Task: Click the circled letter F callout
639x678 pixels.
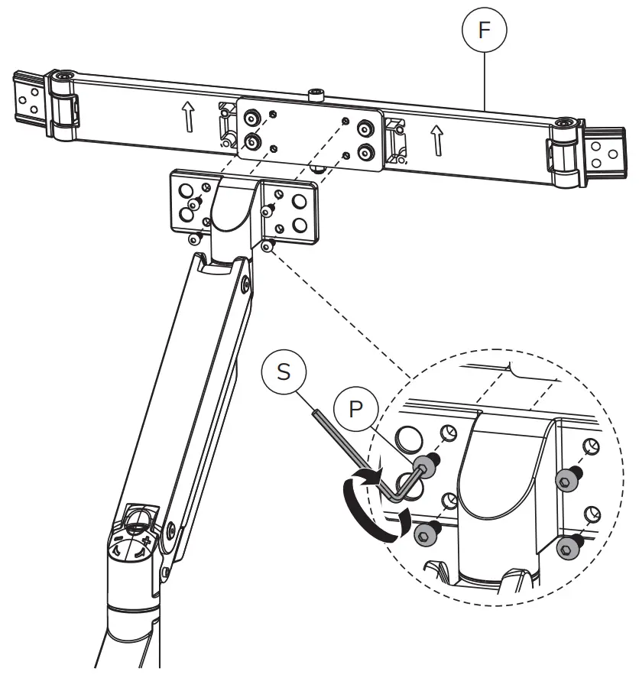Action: pos(483,31)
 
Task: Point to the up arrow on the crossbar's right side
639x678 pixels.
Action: pos(437,139)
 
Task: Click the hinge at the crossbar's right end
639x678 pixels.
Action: pos(563,152)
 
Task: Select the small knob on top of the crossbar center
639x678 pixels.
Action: pos(317,95)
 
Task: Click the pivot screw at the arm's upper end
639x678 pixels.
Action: pos(245,284)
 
